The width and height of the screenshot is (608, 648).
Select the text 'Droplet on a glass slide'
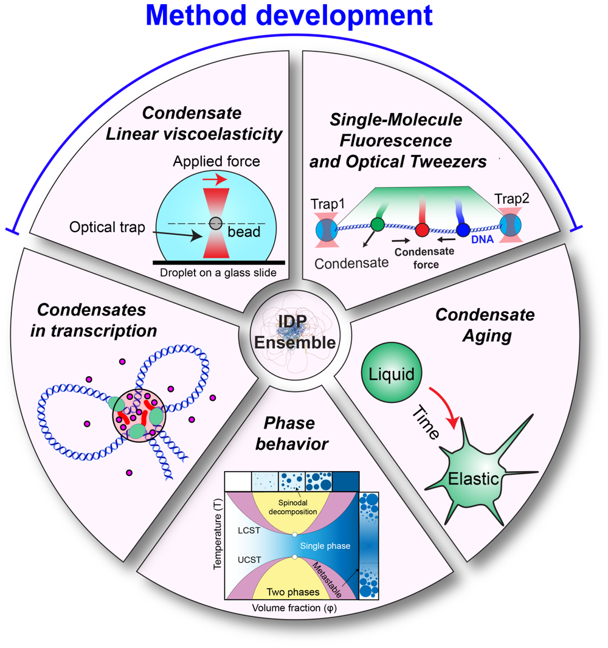(x=218, y=273)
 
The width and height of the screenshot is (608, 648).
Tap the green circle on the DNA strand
(x=378, y=224)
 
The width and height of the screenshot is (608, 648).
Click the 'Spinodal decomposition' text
(x=294, y=508)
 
